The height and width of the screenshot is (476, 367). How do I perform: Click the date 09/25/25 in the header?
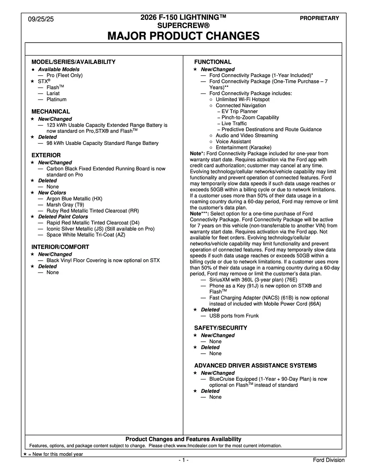tap(41, 19)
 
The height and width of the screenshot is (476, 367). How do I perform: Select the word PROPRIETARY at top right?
tap(319, 18)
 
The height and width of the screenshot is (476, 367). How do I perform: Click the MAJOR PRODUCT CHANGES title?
tap(183, 36)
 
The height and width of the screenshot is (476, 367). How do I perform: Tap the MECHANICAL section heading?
tap(50, 111)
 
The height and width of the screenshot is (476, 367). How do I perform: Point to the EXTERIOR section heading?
tap(46, 155)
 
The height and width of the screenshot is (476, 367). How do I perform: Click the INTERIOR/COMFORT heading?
tap(60, 247)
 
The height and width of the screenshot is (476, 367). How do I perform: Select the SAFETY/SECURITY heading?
tap(220, 328)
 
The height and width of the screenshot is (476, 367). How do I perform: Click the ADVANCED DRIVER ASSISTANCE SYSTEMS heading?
tap(256, 365)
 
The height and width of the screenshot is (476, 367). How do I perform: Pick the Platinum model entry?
tap(56, 99)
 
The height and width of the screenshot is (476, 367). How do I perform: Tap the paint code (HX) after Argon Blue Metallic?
tap(97, 198)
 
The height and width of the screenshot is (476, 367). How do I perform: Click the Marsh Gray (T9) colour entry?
tap(65, 205)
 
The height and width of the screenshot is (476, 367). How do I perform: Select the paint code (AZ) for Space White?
tap(120, 235)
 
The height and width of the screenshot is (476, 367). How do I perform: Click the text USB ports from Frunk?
tap(234, 316)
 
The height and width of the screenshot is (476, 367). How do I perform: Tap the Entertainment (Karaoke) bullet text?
tap(243, 147)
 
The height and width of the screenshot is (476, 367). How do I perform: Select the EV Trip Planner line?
tap(239, 111)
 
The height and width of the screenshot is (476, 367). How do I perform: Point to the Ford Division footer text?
tap(329, 460)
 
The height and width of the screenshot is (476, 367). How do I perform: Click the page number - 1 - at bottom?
tap(183, 460)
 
